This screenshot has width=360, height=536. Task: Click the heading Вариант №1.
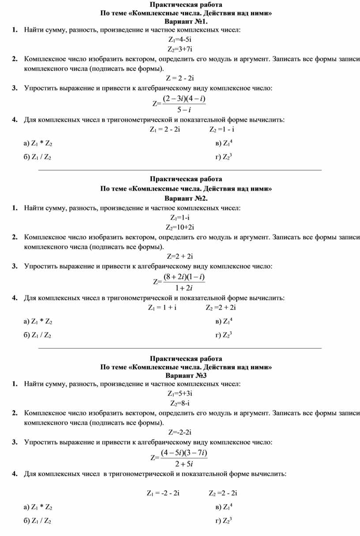186,21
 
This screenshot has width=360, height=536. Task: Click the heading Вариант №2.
186,198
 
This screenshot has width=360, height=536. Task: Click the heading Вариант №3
186,375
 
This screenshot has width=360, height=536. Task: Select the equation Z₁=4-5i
180,39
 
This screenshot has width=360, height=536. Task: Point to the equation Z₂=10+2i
180,227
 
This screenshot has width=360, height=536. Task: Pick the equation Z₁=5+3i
180,393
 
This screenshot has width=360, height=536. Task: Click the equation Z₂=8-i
180,403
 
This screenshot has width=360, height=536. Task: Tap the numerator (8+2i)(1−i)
184,277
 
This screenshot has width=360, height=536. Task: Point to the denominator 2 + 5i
184,464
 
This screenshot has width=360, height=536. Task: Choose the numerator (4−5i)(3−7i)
184,453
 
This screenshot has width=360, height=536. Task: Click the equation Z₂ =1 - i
221,129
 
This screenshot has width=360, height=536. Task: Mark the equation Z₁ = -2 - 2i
163,493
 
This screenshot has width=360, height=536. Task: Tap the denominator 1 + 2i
184,288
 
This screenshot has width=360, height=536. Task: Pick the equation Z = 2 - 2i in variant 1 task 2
180,78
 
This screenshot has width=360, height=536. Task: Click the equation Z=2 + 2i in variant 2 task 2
180,256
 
